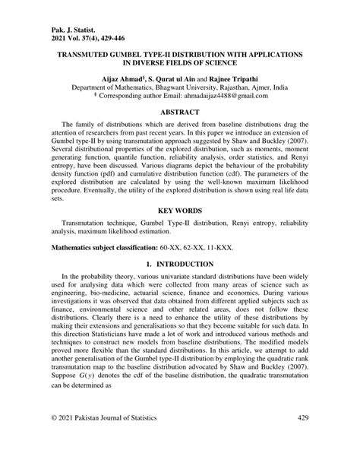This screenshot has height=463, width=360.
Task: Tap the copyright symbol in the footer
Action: (53, 440)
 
